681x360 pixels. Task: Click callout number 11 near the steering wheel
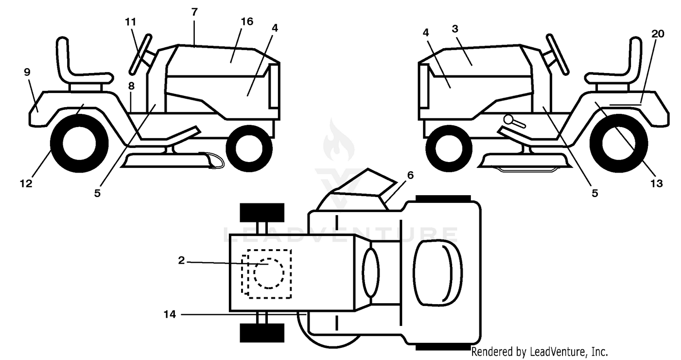130,22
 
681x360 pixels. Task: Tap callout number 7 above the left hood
195,12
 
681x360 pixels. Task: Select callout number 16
247,22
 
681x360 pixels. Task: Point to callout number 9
27,72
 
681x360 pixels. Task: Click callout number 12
26,184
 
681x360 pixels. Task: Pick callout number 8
131,86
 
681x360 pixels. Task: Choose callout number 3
455,29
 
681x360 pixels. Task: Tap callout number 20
658,34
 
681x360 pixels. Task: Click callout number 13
656,184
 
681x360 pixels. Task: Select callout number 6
410,175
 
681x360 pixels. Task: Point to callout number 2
182,260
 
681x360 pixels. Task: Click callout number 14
170,315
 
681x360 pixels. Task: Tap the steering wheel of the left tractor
140,54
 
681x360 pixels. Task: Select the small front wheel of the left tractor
249,149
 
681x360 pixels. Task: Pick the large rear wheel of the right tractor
619,143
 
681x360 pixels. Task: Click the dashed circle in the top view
269,273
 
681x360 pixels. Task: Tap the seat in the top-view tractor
438,272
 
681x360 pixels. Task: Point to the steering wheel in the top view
371,272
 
